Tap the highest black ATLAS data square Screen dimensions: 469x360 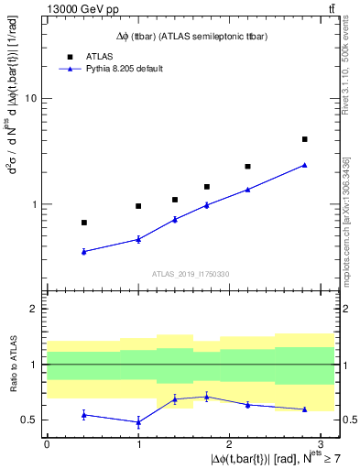click(304, 139)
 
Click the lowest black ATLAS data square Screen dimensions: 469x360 click(84, 223)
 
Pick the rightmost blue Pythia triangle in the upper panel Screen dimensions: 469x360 click(304, 165)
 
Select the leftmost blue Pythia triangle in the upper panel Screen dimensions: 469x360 click(84, 251)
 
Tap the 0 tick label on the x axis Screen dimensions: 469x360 click(47, 442)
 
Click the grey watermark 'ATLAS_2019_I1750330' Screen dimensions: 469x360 click(190, 274)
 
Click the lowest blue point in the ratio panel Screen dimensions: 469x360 click(138, 422)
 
